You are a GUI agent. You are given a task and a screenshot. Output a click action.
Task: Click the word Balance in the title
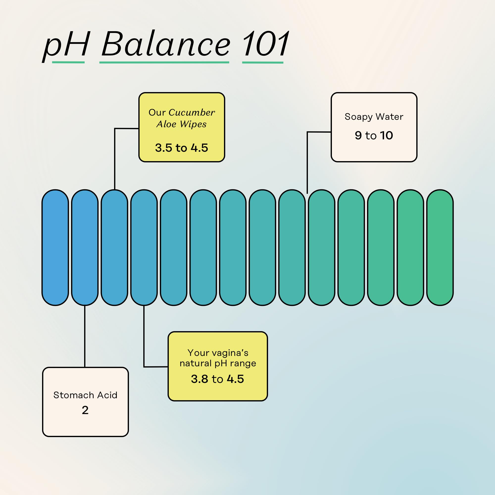click(x=166, y=44)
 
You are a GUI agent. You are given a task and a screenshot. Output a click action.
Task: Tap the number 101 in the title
click(x=265, y=44)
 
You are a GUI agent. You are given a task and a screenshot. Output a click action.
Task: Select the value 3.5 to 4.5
click(x=181, y=148)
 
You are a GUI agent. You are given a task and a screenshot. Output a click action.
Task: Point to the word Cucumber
click(x=192, y=112)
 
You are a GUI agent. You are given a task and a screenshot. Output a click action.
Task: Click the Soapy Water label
click(x=374, y=117)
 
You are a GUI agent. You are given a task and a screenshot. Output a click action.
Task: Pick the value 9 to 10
click(x=374, y=135)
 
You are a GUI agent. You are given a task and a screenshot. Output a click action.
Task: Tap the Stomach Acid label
click(x=85, y=395)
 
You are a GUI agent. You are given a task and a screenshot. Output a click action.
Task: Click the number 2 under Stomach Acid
click(x=85, y=410)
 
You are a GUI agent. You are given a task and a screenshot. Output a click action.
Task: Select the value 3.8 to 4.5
click(x=218, y=379)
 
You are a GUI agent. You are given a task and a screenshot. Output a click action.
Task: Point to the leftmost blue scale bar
click(x=55, y=247)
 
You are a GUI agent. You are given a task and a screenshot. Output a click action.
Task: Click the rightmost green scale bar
click(x=440, y=247)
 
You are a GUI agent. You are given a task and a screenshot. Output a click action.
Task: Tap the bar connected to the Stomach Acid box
click(x=85, y=247)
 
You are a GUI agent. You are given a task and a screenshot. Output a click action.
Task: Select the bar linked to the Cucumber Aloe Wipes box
click(x=114, y=247)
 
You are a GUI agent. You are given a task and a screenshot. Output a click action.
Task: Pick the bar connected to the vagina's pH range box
click(x=144, y=247)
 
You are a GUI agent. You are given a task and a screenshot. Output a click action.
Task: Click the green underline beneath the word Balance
click(x=164, y=62)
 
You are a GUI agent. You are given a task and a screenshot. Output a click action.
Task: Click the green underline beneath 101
click(x=263, y=62)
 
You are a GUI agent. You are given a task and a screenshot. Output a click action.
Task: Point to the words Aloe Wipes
click(x=181, y=124)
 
